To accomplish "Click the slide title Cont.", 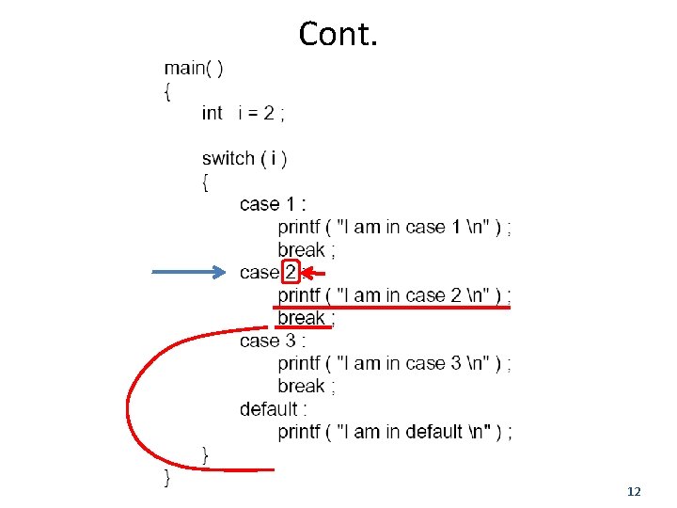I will click(338, 34).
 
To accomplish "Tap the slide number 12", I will click(633, 492).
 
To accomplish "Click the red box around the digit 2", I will click(291, 273).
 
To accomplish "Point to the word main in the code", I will click(183, 68).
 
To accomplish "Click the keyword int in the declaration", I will click(212, 113).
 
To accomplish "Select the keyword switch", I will click(228, 158).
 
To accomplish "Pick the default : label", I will click(273, 409).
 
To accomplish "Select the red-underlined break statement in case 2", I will click(304, 318).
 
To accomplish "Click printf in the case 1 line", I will click(299, 228).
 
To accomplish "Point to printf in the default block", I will click(299, 432).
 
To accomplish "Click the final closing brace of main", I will click(168, 477).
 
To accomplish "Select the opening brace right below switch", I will click(206, 182).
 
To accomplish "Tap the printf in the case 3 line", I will click(299, 363).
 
